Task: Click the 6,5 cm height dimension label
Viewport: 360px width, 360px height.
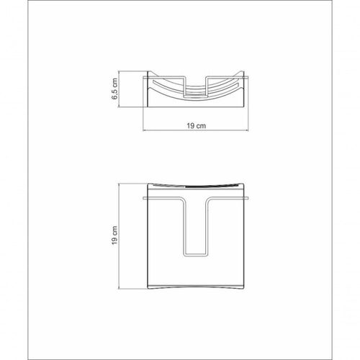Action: pos(115,89)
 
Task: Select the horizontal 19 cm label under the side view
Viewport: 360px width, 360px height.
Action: pos(196,126)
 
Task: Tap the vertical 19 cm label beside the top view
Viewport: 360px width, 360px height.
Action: pos(114,235)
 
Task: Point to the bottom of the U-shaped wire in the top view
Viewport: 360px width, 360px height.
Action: pos(196,255)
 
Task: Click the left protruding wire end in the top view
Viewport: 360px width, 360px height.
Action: pos(145,199)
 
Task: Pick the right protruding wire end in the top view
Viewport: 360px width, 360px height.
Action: pos(246,199)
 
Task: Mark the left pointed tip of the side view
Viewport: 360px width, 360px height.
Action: pos(148,71)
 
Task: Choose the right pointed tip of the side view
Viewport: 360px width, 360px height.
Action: pos(243,71)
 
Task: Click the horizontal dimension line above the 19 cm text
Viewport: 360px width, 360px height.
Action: pos(196,130)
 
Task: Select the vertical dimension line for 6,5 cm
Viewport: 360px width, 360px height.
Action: pos(120,89)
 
